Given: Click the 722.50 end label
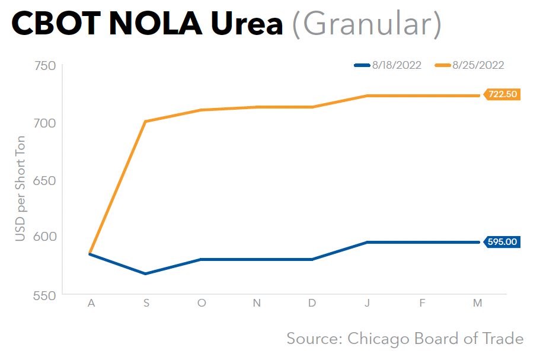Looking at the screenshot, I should coord(503,94).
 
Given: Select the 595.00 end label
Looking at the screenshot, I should coord(503,241).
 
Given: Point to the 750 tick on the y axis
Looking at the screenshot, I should coord(45,67).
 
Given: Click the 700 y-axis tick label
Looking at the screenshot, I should coord(45,123).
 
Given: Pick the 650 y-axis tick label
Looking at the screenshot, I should coord(45,180).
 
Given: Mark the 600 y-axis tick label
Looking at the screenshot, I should coord(45,237).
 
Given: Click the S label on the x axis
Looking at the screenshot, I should coord(146,303).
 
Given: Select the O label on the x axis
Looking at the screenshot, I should coord(202,303).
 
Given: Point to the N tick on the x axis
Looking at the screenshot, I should coord(257,303).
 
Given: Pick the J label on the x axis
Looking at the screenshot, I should coord(368,303).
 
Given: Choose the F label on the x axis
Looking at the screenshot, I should coord(422,303).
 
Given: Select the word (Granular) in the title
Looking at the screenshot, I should coord(367,24).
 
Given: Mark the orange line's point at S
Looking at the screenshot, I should coord(146,122).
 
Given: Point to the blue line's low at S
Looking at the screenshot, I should coord(146,273).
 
